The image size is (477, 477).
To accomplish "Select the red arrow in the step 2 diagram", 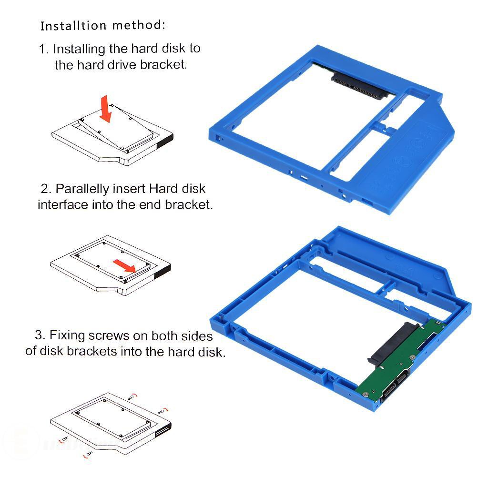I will [124, 266].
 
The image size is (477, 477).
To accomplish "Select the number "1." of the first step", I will [44, 49].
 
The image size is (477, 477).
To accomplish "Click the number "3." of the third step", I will [41, 335].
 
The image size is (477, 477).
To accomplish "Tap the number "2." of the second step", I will [46, 189].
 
